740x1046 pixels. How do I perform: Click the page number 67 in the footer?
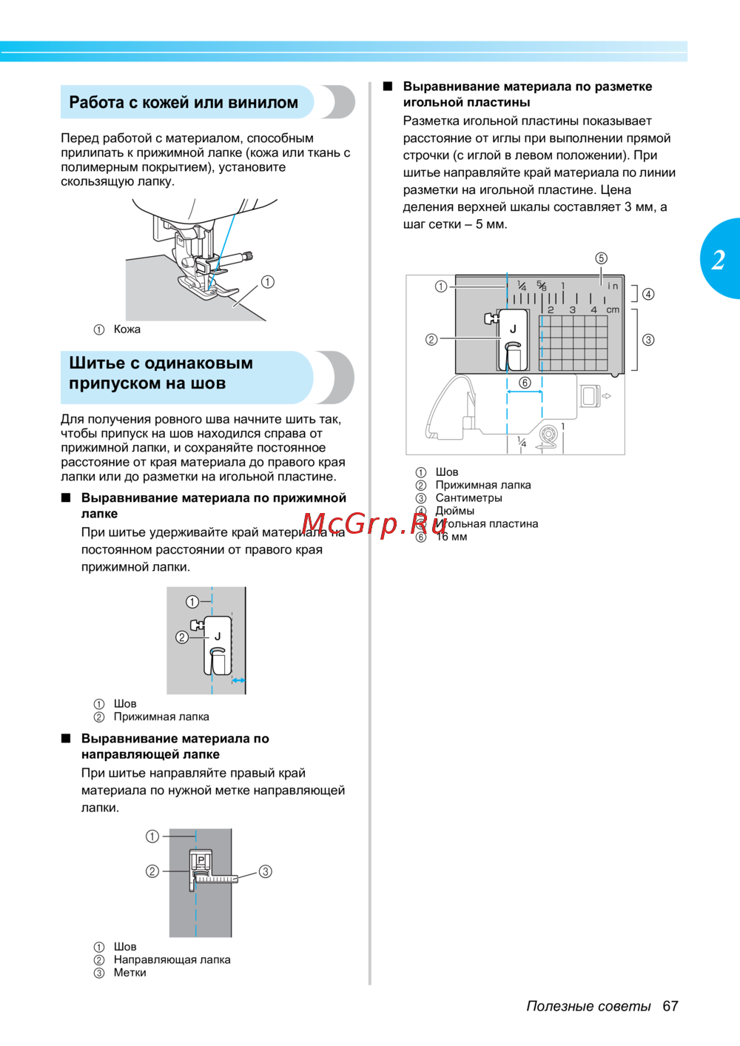[x=670, y=1006]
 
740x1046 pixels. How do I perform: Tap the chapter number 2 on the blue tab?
[x=719, y=260]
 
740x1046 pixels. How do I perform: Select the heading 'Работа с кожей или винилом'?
[x=184, y=103]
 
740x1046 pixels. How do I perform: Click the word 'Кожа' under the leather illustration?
[x=127, y=329]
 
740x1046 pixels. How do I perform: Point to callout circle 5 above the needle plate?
[x=601, y=258]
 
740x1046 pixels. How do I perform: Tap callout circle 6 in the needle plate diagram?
[x=525, y=383]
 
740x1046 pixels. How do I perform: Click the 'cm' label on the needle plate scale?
[x=613, y=310]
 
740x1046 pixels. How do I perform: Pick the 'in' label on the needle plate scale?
[x=613, y=286]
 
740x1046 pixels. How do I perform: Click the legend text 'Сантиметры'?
[x=468, y=498]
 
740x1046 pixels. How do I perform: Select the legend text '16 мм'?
[x=451, y=537]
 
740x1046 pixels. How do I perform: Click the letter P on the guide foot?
[x=201, y=860]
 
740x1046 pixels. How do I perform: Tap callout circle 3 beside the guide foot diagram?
[x=266, y=871]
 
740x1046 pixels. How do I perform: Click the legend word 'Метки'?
[x=130, y=973]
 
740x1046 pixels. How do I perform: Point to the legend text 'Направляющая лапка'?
[x=172, y=959]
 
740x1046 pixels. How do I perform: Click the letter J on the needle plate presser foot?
[x=513, y=329]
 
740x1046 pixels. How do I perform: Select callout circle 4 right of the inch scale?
[x=648, y=294]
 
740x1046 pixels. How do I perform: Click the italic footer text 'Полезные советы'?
[x=588, y=1006]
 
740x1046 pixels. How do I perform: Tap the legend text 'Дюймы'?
[x=455, y=511]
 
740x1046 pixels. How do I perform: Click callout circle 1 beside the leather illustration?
[x=268, y=282]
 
